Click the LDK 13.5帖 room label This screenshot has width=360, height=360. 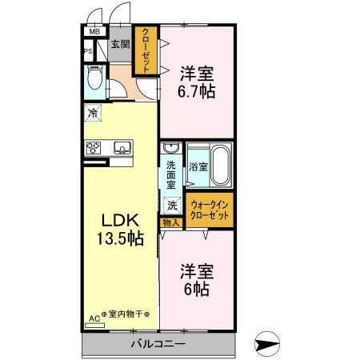point(120,228)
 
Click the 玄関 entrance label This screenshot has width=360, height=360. point(120,45)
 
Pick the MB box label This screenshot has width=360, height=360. point(94,32)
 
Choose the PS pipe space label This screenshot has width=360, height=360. point(87,52)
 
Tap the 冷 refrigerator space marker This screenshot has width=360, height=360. point(94,114)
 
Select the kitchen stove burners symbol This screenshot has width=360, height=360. point(94,147)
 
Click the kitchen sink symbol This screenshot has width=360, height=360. point(122,147)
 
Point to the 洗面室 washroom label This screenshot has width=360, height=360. point(171,174)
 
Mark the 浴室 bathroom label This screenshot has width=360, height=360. point(198,167)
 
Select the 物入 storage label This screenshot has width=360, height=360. point(171,222)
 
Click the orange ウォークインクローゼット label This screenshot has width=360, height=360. point(210,210)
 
